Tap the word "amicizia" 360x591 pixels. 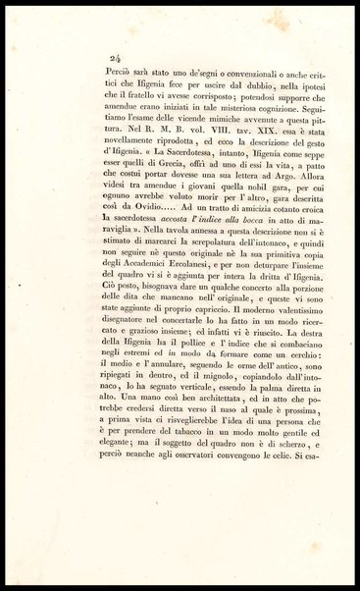[x=210, y=252]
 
